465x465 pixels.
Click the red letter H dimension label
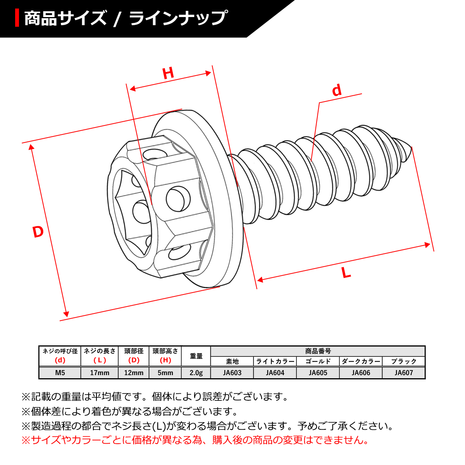coord(168,73)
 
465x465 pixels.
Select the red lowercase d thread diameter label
coord(337,90)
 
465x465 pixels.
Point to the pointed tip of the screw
coord(411,148)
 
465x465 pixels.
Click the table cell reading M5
coord(60,373)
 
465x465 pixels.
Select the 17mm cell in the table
coord(99,373)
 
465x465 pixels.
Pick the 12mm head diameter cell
coord(134,373)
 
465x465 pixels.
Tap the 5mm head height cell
coord(165,373)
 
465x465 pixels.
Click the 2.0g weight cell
coord(196,373)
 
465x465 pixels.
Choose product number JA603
coord(232,373)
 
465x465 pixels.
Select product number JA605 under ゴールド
coord(318,373)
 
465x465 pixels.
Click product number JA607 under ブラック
coord(404,373)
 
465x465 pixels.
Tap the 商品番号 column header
coord(318,351)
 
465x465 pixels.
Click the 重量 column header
coord(196,356)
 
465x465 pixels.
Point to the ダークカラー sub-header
coord(361,362)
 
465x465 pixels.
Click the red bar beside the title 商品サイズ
coord(17,18)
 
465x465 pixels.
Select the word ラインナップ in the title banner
coord(178,18)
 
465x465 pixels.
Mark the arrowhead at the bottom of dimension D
coord(67,313)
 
